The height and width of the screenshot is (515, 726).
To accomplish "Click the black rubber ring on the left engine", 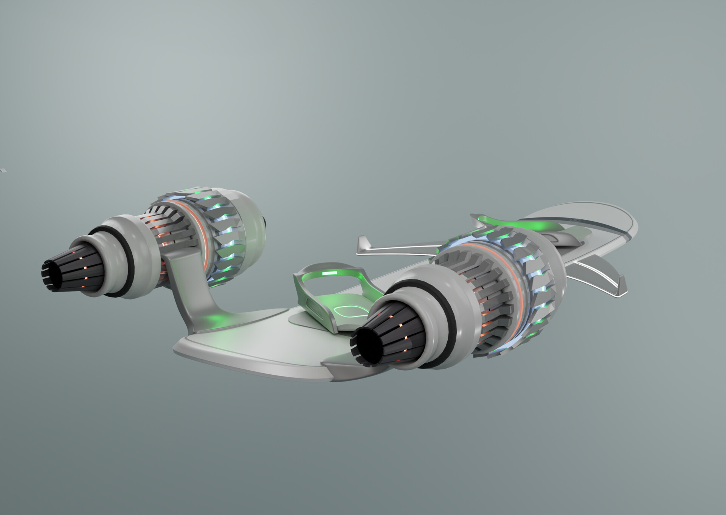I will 125,251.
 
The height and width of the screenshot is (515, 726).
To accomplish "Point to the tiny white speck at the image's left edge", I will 2,170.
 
